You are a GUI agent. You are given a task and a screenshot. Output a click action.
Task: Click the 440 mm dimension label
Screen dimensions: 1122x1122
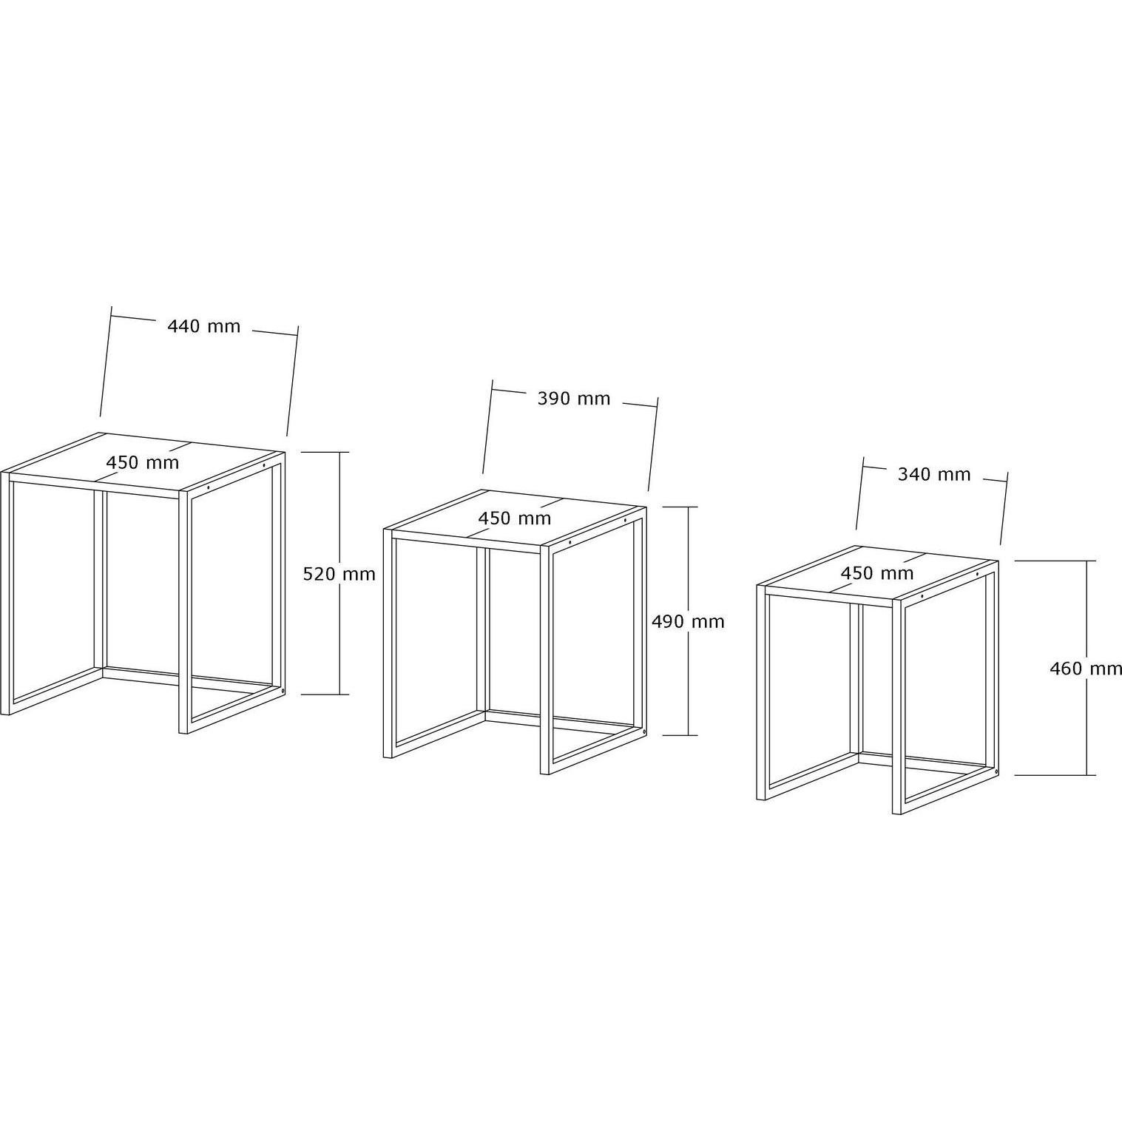click(204, 326)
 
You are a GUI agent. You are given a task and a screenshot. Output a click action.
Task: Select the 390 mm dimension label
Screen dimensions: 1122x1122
click(574, 399)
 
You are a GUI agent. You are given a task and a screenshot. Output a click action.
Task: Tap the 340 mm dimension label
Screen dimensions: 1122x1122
click(934, 475)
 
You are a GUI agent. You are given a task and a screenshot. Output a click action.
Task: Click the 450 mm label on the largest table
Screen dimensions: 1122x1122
click(143, 463)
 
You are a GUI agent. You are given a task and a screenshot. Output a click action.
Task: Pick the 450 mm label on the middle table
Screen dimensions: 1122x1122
click(515, 518)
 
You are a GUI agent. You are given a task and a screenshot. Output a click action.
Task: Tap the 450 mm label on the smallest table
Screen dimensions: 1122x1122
click(877, 573)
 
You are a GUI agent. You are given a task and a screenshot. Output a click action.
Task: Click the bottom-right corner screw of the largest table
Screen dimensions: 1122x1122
click(283, 691)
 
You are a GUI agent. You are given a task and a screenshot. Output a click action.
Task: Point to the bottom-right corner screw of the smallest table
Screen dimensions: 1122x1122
click(997, 772)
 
